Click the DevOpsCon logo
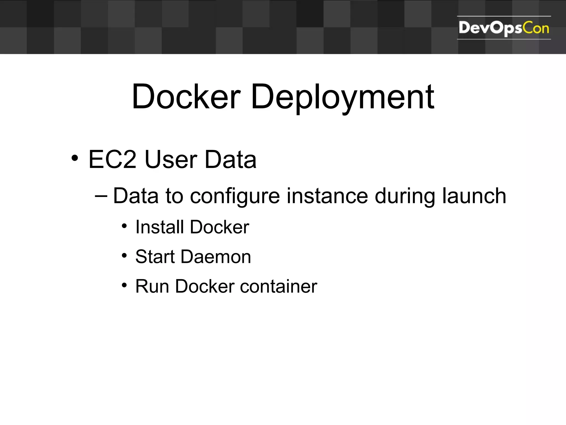point(504,28)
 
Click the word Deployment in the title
point(342,97)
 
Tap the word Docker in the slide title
point(186,97)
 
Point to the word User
point(171,160)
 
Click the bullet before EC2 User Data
point(75,158)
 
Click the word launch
point(474,196)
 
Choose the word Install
point(159,227)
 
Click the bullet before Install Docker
point(124,226)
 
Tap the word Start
point(155,257)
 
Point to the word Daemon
point(216,257)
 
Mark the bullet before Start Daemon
point(124,256)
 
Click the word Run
point(152,286)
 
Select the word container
point(279,286)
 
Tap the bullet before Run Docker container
point(124,285)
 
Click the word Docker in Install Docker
point(220,227)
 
